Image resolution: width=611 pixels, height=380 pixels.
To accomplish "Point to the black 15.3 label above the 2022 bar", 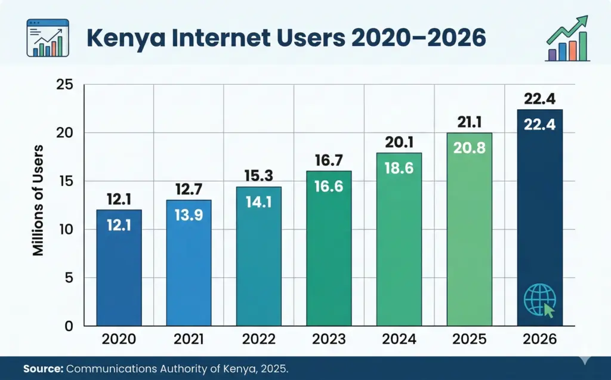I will pos(259,176).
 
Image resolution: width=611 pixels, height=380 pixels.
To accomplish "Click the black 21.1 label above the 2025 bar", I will pos(470,122).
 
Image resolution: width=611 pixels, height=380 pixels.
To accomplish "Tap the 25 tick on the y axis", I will pos(65,85).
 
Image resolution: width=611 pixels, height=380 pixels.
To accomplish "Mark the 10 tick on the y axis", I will pos(65,230).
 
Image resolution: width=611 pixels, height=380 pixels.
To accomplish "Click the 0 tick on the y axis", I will pos(69,326).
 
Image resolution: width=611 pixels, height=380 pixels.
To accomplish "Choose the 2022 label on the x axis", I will pos(259,340).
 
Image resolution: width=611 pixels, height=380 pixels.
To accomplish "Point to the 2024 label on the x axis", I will pos(399,340).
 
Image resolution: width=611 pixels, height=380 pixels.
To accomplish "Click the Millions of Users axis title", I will pos(39,200).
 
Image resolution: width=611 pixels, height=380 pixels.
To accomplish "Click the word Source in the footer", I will pos(43,369).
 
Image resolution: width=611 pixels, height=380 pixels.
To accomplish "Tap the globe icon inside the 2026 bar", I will pos(539,300).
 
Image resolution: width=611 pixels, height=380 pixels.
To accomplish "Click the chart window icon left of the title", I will pos(48,37).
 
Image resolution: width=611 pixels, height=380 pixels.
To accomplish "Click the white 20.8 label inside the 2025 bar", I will pos(470,149).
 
